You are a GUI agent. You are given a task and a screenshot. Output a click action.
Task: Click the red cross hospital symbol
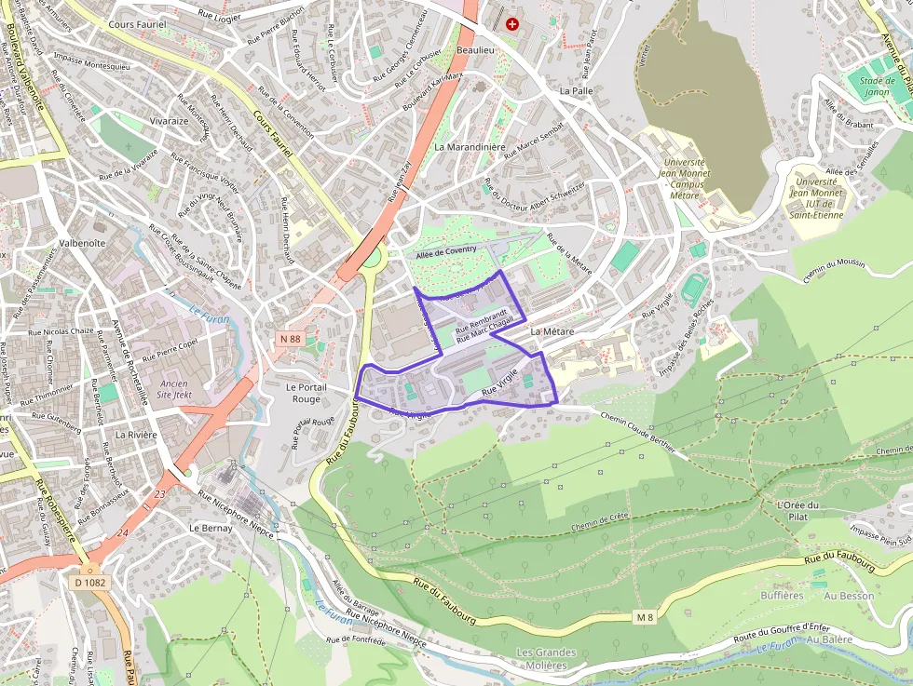pos(511,23)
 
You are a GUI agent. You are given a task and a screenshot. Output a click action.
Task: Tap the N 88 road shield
pos(290,340)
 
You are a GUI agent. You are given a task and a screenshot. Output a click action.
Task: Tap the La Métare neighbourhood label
pos(552,331)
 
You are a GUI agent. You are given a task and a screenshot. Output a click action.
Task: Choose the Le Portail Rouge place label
pos(303,393)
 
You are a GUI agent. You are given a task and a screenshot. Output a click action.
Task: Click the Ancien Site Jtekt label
pos(174,389)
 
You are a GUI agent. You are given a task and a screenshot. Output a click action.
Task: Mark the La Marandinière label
pos(470,147)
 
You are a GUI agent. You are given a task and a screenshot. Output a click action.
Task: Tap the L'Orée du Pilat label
pos(797,511)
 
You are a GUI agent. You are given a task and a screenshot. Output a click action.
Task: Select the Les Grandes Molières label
pos(546,659)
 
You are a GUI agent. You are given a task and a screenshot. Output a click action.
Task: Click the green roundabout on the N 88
pos(372,257)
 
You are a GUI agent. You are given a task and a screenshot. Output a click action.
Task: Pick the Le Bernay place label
pos(211,528)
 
